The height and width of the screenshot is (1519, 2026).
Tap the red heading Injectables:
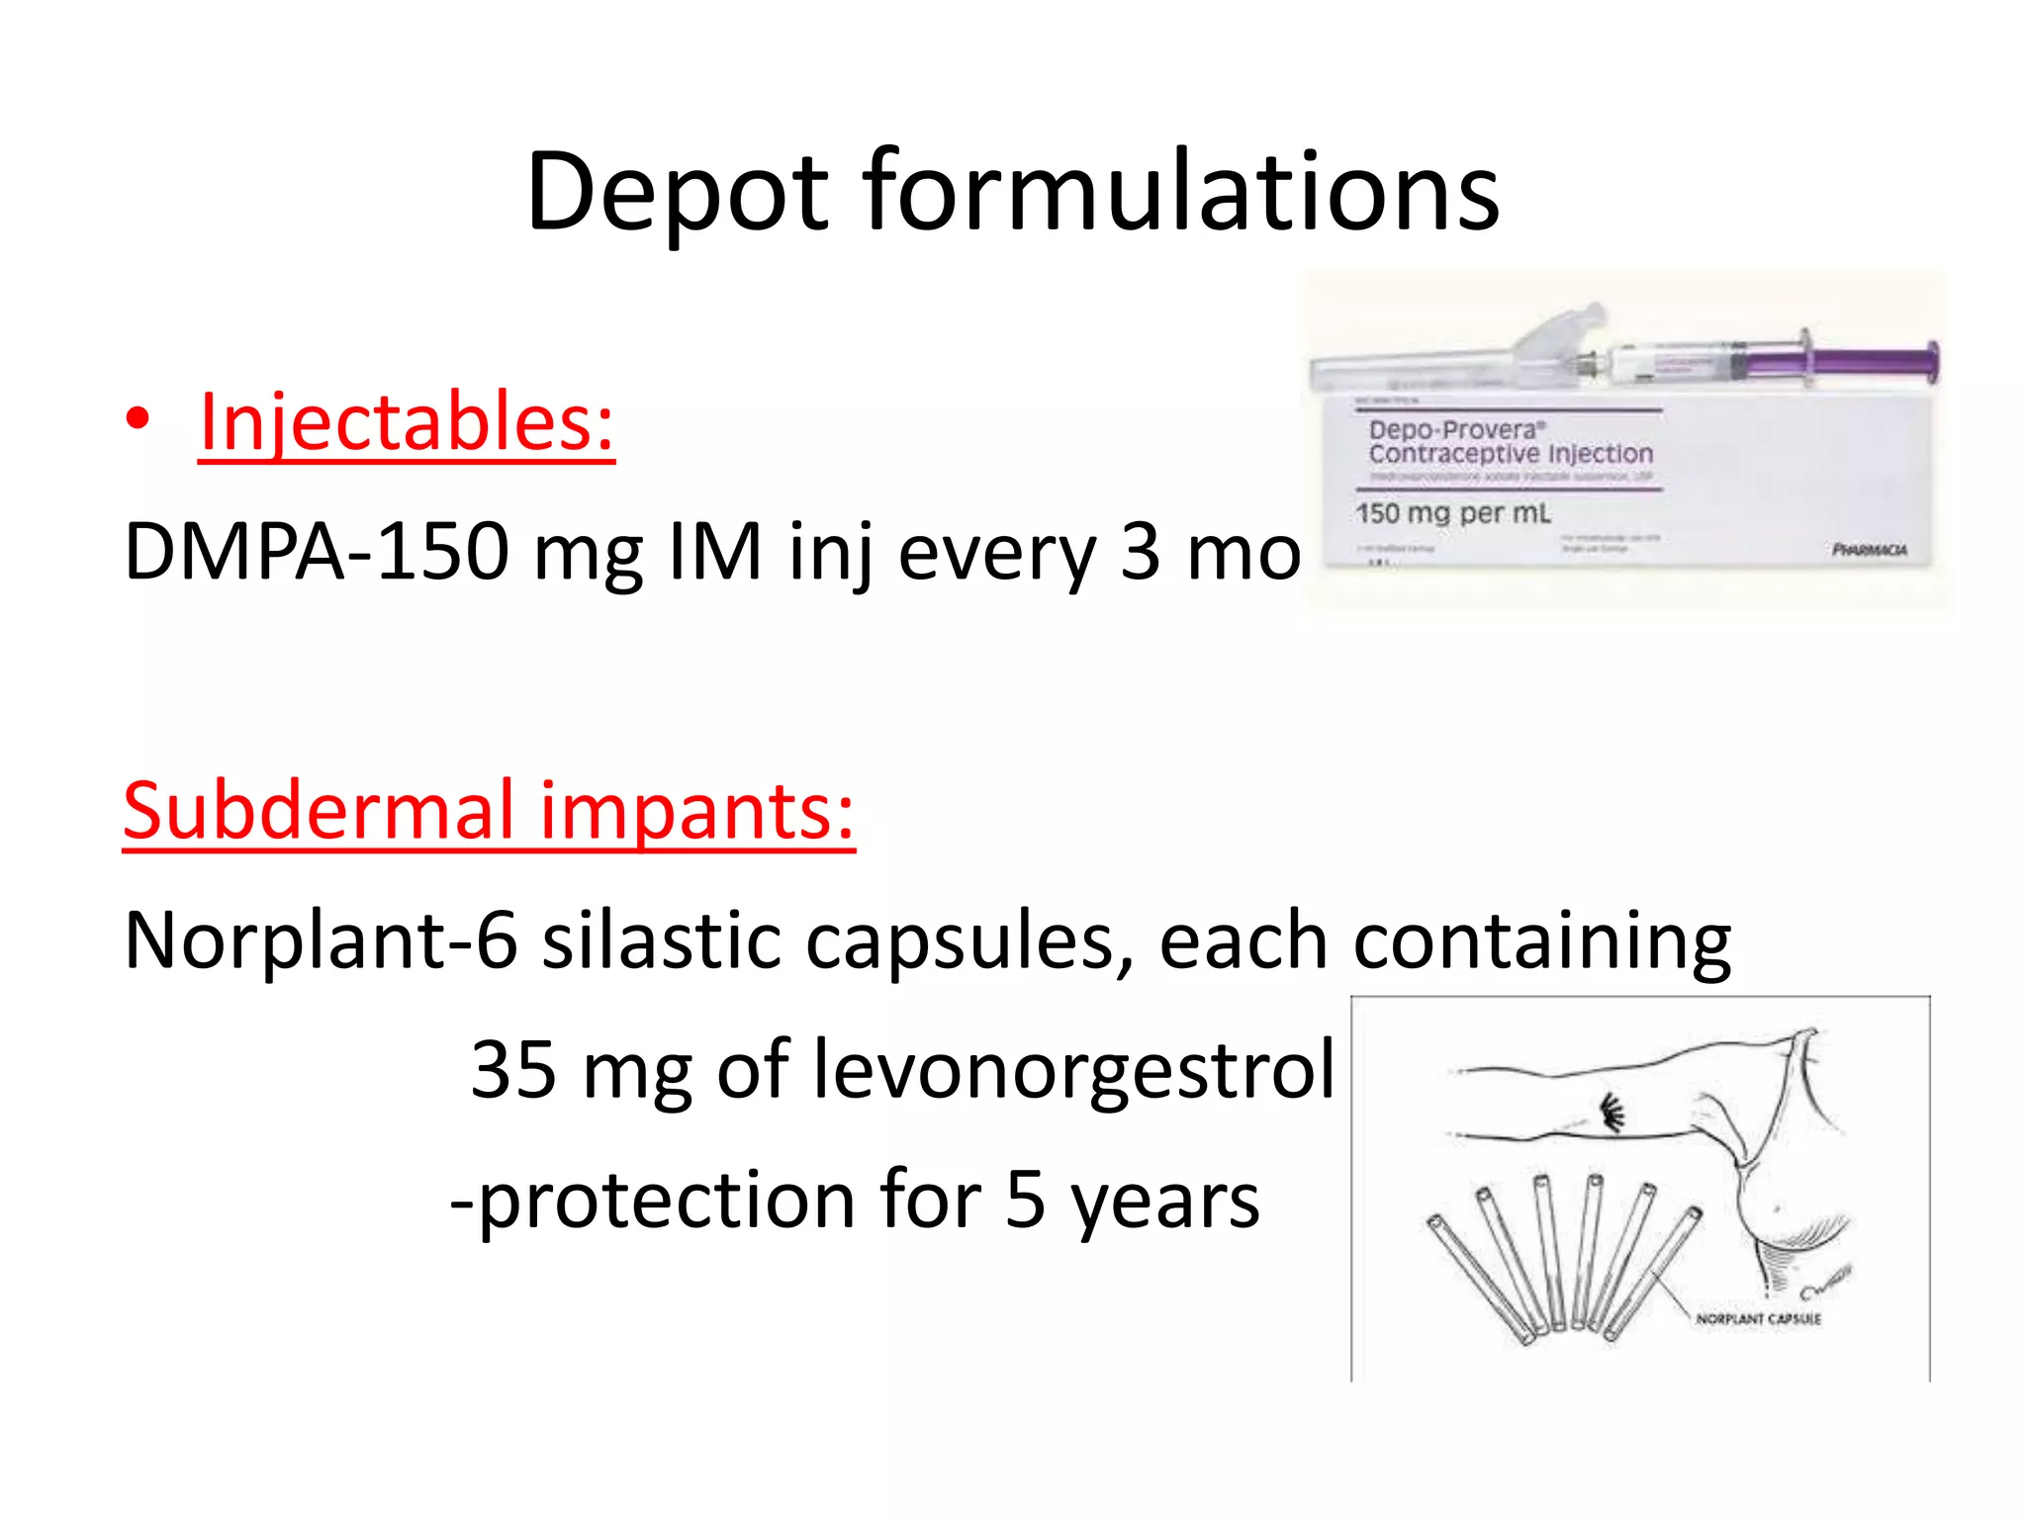406,422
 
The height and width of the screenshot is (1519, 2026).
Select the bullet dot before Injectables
138,419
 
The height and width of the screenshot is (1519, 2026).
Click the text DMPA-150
316,551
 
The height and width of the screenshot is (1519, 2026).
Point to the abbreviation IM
715,551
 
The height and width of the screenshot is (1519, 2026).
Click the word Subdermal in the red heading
319,810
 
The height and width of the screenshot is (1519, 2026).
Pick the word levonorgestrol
1073,1070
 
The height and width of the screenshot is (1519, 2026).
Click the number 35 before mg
513,1070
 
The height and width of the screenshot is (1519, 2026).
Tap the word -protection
653,1201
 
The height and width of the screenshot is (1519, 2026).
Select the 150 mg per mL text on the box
1452,513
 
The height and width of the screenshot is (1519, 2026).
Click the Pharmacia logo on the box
1869,550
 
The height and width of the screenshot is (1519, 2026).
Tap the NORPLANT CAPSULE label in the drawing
1758,1319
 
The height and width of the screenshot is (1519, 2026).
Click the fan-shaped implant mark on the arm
1612,1114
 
